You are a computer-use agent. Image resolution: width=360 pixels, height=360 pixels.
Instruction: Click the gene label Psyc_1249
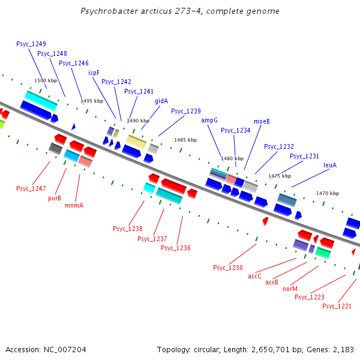coord(31,44)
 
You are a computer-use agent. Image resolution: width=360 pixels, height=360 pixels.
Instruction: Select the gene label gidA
coord(161,101)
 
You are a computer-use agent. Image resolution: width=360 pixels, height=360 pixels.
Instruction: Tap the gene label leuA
coord(330,165)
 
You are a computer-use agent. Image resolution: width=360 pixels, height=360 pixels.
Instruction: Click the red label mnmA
coord(74,205)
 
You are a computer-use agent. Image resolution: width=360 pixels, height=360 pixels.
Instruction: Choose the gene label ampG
coord(209,120)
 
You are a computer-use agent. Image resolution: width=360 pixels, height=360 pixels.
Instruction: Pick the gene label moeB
coord(262,121)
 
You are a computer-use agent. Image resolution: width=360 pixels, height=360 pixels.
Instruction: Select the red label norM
coord(290,289)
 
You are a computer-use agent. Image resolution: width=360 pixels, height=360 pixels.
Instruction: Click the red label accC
coord(254,276)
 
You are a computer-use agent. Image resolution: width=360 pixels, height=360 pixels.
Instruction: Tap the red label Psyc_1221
coord(337,306)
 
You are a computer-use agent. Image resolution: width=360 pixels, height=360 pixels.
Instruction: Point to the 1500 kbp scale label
coord(46,80)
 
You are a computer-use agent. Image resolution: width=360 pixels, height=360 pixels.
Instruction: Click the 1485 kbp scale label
coord(185,140)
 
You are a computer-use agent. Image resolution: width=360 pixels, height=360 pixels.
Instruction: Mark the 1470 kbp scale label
coord(328,193)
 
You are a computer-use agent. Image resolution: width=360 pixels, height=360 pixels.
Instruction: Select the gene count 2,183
coord(343,349)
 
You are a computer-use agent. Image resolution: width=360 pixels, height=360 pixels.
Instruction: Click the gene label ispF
coord(94,73)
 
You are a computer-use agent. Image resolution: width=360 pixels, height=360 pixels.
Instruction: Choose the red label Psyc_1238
coord(128,229)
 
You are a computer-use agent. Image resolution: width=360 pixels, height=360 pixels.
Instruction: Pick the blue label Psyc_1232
coord(279,146)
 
